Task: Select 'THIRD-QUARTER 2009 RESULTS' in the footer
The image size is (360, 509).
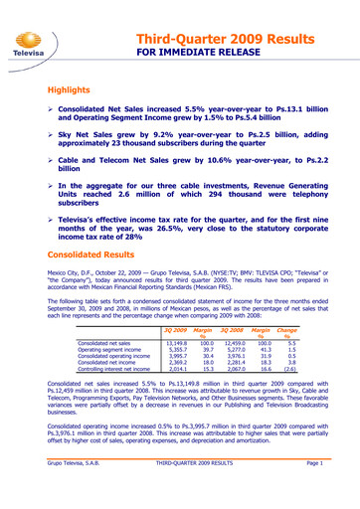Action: pyautogui.click(x=195, y=491)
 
